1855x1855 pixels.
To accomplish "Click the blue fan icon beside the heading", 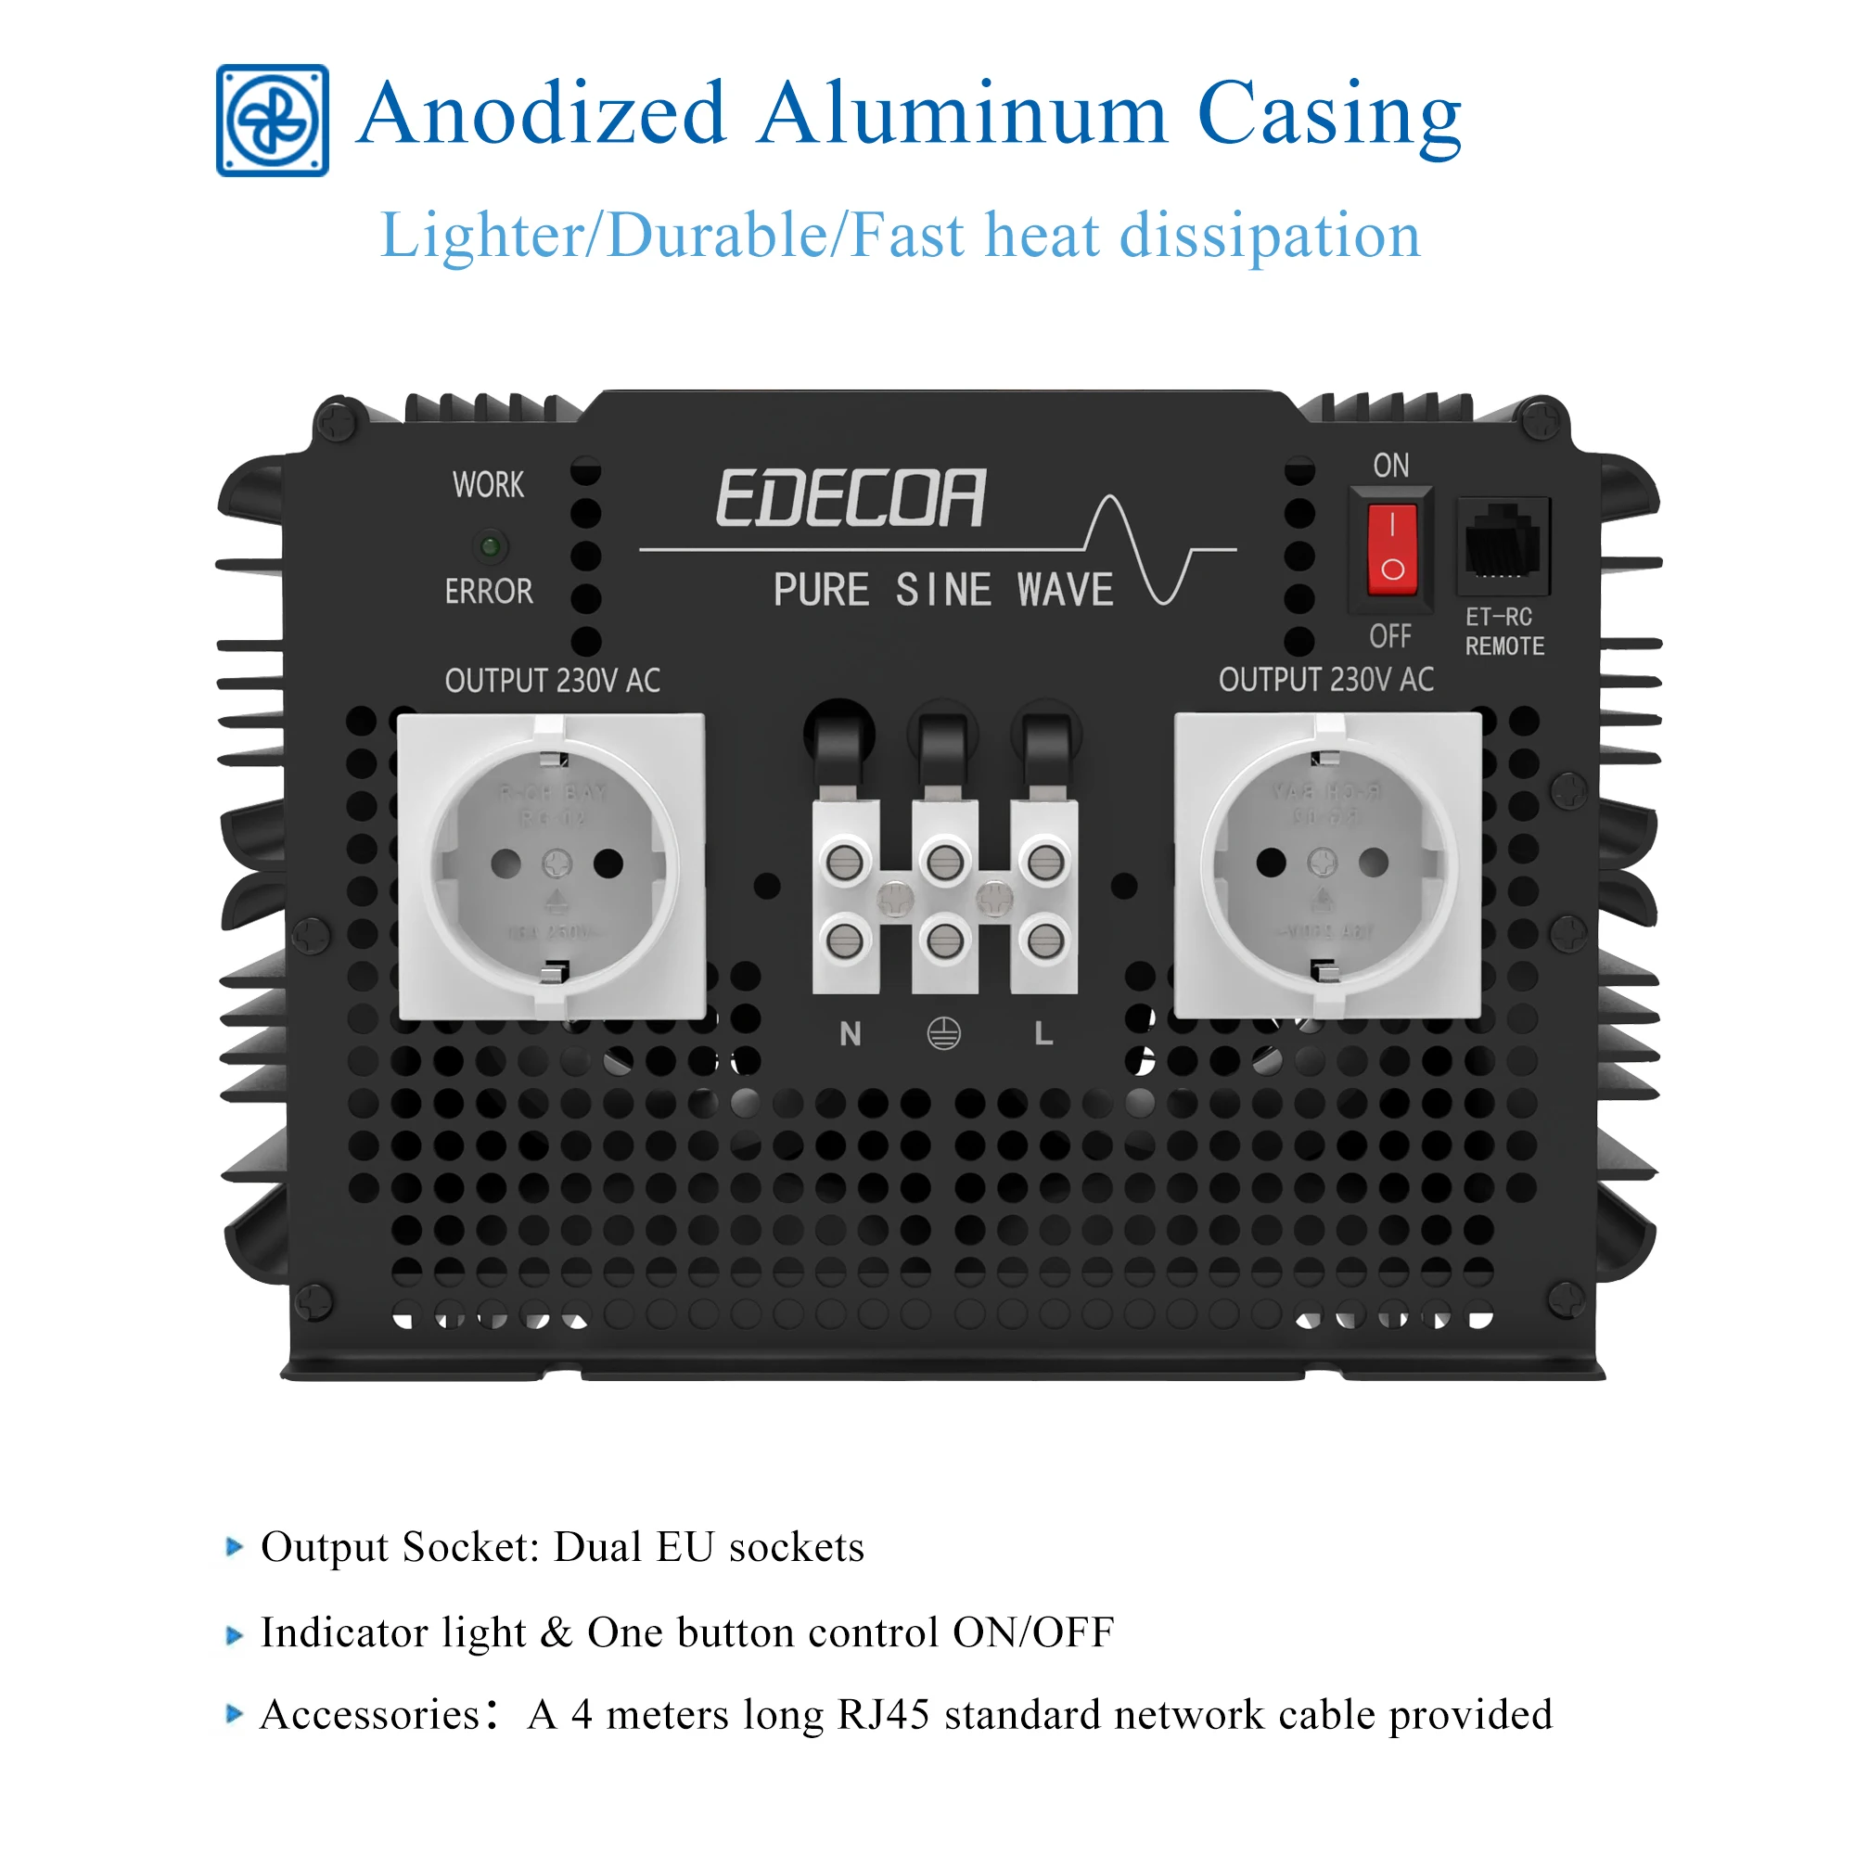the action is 272,120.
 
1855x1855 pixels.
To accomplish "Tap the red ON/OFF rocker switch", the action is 1391,551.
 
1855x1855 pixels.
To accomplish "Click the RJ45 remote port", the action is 1503,544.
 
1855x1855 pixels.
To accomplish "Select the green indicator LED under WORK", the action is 490,546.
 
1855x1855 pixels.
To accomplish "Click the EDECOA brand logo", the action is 851,497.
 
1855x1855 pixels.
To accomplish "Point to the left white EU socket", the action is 552,866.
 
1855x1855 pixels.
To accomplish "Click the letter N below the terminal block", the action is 850,1034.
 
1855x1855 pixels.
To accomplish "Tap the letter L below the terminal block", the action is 1043,1034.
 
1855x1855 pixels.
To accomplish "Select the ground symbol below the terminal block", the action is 944,1034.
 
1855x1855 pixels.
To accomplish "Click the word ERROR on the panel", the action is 489,592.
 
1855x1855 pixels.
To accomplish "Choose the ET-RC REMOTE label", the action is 1503,632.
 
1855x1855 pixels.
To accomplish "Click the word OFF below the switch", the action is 1390,635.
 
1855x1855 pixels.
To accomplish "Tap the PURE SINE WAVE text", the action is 943,590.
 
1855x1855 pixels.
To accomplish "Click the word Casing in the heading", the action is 1329,117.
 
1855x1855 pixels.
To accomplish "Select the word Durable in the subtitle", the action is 716,237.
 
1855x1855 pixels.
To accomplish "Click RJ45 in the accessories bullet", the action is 883,1715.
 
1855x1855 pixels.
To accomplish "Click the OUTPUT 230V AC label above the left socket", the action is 552,681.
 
